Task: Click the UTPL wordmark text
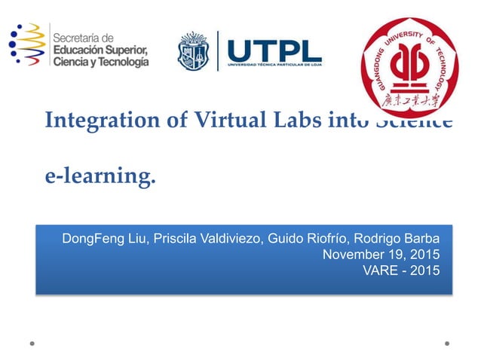[274, 49]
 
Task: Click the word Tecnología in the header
[117, 62]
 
